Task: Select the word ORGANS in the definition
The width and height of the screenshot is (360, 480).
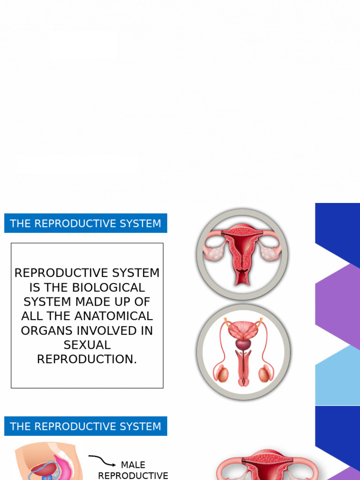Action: (x=46, y=331)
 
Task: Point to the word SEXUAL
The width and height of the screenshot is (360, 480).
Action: (x=87, y=345)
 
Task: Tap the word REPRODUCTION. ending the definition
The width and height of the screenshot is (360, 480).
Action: (x=87, y=360)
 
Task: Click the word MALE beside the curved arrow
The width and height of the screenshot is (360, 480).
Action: (x=133, y=465)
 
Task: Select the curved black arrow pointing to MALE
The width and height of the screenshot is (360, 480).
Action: (x=102, y=460)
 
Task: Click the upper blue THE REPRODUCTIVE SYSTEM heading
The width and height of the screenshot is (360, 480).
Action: (x=86, y=224)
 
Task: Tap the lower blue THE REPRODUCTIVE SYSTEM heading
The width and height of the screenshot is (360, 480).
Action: (x=86, y=427)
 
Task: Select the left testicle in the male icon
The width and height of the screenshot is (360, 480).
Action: (x=222, y=374)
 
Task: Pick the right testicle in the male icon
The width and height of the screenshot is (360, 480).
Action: (x=264, y=374)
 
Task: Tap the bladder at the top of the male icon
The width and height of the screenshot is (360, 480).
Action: (x=243, y=329)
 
